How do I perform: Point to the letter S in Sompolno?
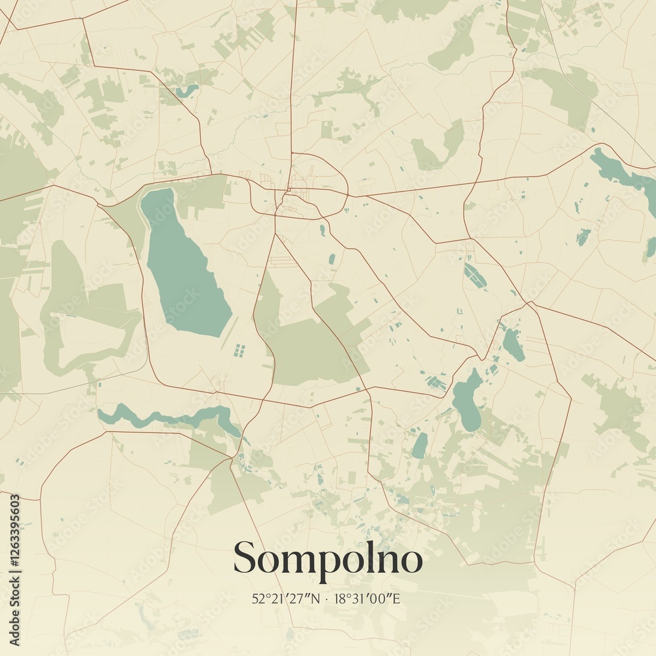click(x=245, y=558)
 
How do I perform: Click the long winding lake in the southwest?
click(x=171, y=417)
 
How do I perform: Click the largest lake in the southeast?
click(x=466, y=400)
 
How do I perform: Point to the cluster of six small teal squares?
click(x=239, y=350)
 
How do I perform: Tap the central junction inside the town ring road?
click(x=287, y=192)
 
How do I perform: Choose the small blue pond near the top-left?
click(x=186, y=89)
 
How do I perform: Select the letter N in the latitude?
click(x=316, y=598)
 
